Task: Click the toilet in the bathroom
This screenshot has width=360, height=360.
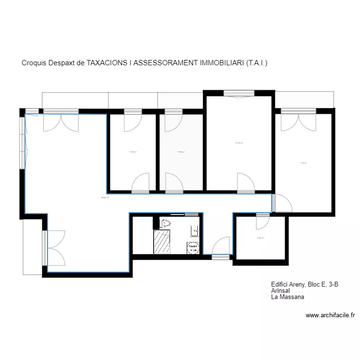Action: (x=166, y=223)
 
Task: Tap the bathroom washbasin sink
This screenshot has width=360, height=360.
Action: (x=195, y=231)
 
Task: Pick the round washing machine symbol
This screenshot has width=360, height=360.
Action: (x=193, y=248)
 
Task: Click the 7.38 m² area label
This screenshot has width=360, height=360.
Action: (x=132, y=153)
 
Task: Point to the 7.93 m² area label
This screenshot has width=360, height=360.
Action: (x=181, y=153)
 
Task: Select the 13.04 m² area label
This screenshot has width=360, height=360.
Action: (x=239, y=143)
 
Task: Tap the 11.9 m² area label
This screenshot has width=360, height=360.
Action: (x=303, y=163)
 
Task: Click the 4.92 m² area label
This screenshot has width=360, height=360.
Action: (x=261, y=238)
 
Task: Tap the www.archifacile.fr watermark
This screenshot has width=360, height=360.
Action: (x=330, y=315)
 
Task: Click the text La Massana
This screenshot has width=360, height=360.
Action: (x=288, y=297)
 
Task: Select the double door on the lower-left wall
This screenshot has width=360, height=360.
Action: (x=55, y=248)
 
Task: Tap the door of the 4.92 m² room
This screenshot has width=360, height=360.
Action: (x=263, y=221)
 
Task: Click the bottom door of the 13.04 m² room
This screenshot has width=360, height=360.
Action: (x=245, y=183)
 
